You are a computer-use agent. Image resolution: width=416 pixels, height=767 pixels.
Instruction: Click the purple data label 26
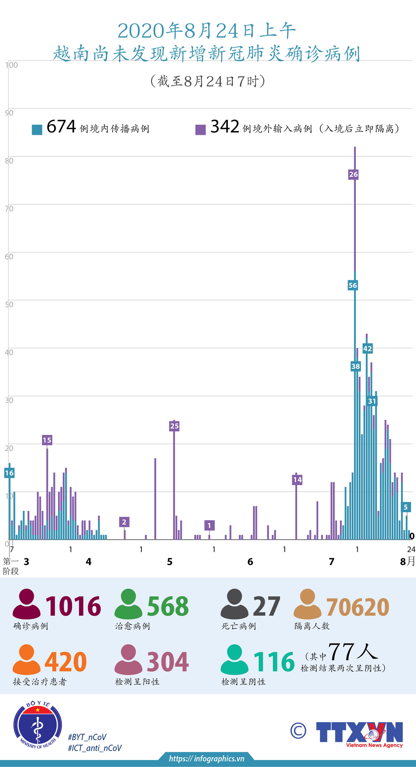pyautogui.click(x=353, y=174)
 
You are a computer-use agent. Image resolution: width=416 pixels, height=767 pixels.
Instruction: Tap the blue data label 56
pyautogui.click(x=353, y=285)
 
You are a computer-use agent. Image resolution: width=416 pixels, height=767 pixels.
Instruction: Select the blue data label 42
pyautogui.click(x=367, y=348)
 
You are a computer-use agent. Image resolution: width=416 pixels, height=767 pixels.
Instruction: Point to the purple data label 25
pyautogui.click(x=174, y=426)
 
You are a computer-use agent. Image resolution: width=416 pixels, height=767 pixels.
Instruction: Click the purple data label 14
pyautogui.click(x=297, y=479)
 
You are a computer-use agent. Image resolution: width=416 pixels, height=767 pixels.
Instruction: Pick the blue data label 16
pyautogui.click(x=9, y=473)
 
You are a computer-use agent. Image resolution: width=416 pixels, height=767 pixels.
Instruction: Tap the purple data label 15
pyautogui.click(x=47, y=440)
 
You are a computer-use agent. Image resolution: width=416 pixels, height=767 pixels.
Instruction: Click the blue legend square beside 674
pyautogui.click(x=37, y=130)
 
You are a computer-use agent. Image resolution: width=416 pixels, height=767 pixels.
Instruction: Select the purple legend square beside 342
pyautogui.click(x=200, y=130)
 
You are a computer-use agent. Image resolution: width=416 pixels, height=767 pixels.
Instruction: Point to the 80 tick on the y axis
pyautogui.click(x=9, y=161)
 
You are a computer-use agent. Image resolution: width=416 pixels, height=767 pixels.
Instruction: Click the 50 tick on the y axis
pyautogui.click(x=9, y=304)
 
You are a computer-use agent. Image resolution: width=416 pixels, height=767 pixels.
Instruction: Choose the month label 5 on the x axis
pyautogui.click(x=170, y=561)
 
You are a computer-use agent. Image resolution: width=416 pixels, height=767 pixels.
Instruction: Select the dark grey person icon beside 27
pyautogui.click(x=235, y=603)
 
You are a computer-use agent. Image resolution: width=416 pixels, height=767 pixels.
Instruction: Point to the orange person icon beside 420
pyautogui.click(x=27, y=659)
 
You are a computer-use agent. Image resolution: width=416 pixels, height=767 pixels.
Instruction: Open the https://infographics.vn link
pyautogui.click(x=206, y=758)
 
